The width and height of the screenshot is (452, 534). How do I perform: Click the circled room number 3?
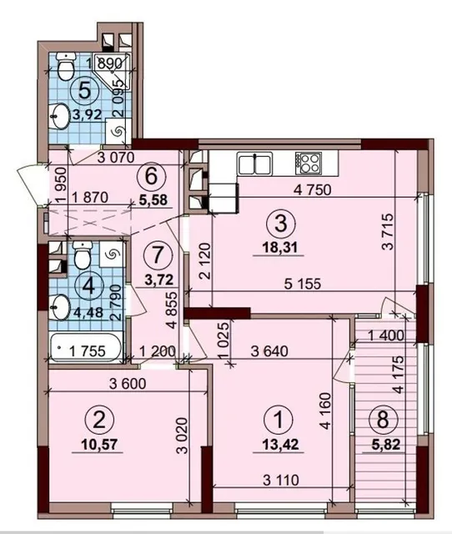[x=281, y=224]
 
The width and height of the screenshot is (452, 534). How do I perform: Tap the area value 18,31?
[x=279, y=248]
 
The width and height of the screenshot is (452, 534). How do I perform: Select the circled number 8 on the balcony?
[x=383, y=420]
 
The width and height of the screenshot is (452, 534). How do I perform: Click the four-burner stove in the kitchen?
[x=309, y=164]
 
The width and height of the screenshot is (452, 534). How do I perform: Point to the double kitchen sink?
[x=255, y=164]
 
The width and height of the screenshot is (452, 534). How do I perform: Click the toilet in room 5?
[x=65, y=66]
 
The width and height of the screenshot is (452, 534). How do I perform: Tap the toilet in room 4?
[x=83, y=254]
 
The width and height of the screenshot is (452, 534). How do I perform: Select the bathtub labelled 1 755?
[x=85, y=348]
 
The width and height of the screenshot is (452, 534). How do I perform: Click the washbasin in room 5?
[x=59, y=117]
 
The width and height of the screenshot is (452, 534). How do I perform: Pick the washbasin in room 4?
[x=59, y=307]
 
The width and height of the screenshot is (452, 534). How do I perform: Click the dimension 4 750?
[x=313, y=190]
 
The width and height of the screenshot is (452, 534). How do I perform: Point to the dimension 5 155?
[x=303, y=284]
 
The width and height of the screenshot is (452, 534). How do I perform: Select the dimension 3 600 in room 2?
[x=128, y=384]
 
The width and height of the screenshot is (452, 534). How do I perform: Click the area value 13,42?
[x=281, y=444]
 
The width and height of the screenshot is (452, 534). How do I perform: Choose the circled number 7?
[x=157, y=255]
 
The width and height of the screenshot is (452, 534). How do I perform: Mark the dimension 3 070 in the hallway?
[x=116, y=158]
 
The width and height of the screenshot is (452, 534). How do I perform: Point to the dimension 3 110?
[x=281, y=481]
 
